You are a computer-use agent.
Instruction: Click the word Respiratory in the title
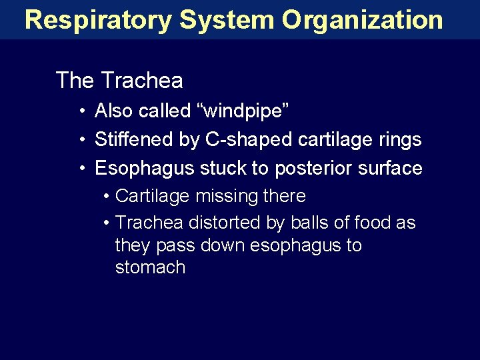(x=97, y=20)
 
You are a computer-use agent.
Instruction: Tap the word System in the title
(x=226, y=20)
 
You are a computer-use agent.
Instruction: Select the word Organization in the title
(x=362, y=20)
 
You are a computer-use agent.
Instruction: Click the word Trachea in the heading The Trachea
(x=141, y=81)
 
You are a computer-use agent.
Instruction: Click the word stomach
(x=150, y=267)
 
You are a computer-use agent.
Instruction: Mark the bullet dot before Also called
(x=81, y=111)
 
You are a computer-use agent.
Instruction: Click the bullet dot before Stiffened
(x=81, y=139)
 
